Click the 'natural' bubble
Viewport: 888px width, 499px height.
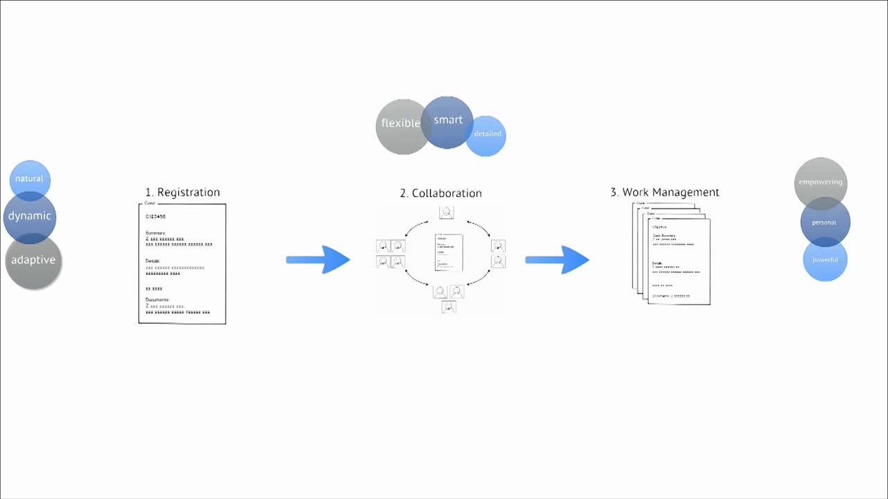pos(30,179)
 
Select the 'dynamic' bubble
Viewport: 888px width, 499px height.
pos(30,216)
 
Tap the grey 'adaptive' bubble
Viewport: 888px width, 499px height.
pos(33,261)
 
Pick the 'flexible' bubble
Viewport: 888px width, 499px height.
pos(401,123)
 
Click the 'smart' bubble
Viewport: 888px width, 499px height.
pos(447,120)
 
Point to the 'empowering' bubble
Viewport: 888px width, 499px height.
pos(821,182)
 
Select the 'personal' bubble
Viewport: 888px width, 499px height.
pos(824,222)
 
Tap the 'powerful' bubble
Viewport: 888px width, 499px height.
pos(825,260)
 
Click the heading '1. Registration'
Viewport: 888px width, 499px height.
pos(182,192)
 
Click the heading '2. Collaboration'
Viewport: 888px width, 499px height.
pos(441,193)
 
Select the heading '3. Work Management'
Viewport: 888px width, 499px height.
pos(665,192)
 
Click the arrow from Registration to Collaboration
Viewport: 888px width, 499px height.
pos(318,260)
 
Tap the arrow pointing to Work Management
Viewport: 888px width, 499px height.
pos(557,260)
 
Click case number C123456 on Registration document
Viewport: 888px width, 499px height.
pos(156,217)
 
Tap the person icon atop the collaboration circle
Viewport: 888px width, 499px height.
pos(447,212)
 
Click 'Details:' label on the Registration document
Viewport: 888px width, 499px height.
pos(153,261)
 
